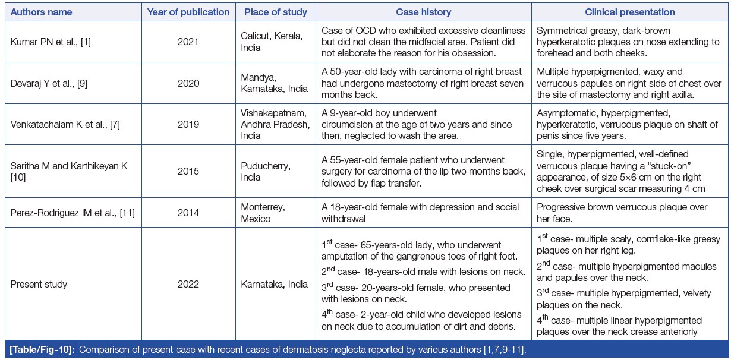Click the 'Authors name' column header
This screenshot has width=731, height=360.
point(41,12)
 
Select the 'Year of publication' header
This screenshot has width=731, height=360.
point(196,12)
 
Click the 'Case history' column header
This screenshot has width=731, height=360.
point(423,12)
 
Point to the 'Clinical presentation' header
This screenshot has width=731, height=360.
point(630,12)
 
